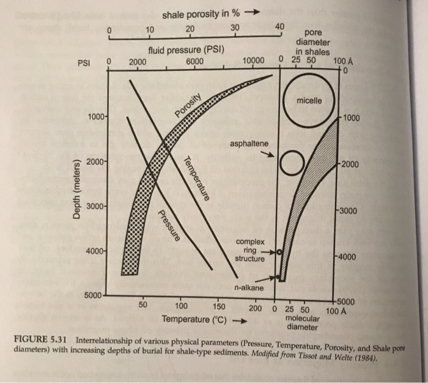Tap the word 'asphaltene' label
point(249,143)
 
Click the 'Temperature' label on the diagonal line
point(196,178)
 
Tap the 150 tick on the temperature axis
point(218,307)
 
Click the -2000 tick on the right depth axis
point(349,164)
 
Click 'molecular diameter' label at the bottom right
point(302,322)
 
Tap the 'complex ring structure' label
point(249,250)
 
